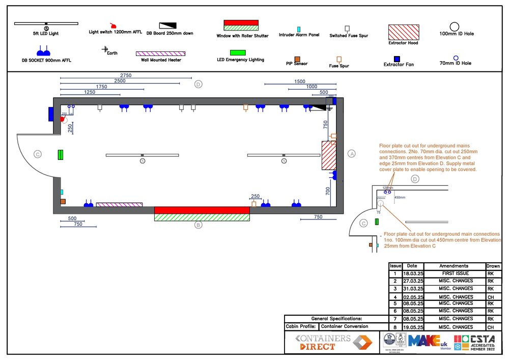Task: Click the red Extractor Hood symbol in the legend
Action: (x=404, y=32)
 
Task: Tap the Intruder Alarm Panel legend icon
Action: (x=299, y=29)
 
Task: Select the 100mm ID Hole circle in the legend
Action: (x=455, y=26)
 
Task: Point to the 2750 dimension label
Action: (x=126, y=75)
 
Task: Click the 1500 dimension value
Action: (x=300, y=81)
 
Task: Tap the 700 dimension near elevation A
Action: (x=328, y=191)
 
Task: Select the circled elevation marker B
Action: (x=199, y=225)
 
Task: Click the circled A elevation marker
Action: (x=351, y=153)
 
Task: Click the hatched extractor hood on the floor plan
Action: (x=329, y=155)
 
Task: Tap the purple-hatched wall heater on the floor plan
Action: (x=119, y=205)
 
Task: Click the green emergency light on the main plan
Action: (x=60, y=155)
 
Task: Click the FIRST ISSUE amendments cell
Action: (x=454, y=273)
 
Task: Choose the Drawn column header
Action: (x=493, y=266)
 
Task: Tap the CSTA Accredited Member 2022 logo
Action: (x=477, y=342)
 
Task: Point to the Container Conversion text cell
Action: (x=348, y=326)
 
